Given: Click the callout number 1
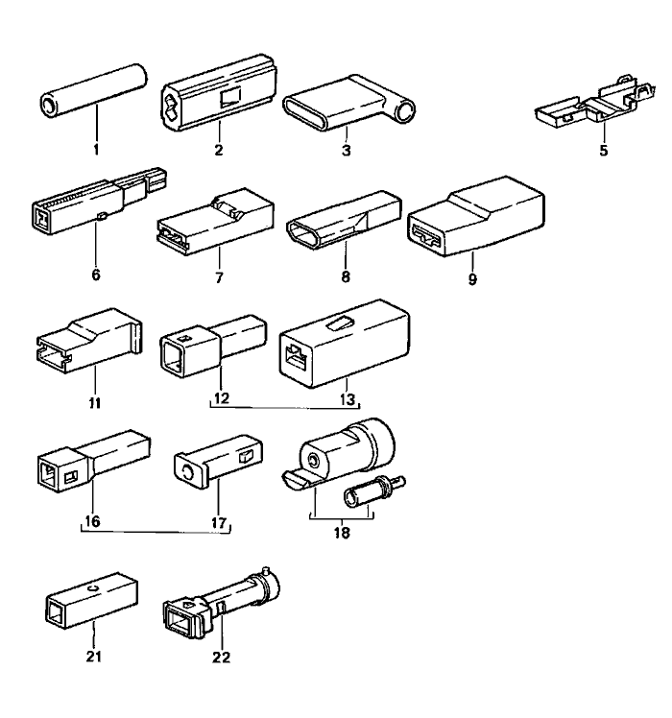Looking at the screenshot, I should pos(96,151).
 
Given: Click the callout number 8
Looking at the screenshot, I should pos(346,276).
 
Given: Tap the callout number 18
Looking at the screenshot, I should pos(342,530).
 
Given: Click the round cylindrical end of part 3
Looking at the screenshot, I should pos(409,112).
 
